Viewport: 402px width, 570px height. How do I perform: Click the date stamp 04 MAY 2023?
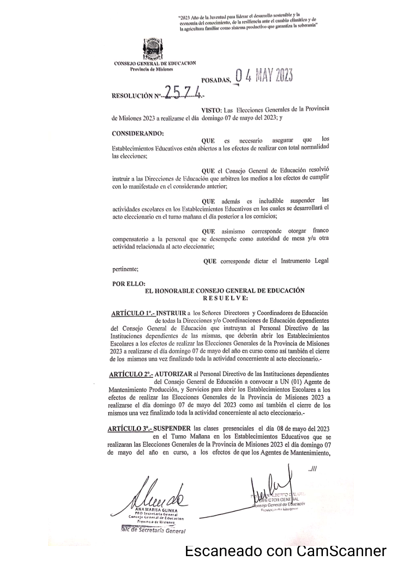coord(264,76)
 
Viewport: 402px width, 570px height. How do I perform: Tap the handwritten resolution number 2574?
coord(185,94)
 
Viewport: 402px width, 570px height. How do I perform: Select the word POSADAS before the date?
coord(216,80)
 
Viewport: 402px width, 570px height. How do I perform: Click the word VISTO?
coord(210,109)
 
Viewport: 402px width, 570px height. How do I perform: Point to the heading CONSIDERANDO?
coord(137,133)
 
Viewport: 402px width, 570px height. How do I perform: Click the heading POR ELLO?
coord(129,283)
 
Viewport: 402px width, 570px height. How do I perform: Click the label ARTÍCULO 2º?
coord(131,374)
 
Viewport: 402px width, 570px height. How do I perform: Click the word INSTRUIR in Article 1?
coord(171,313)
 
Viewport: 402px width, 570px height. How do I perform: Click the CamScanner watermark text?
coord(285,551)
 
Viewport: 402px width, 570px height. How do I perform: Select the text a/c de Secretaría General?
coord(151,531)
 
